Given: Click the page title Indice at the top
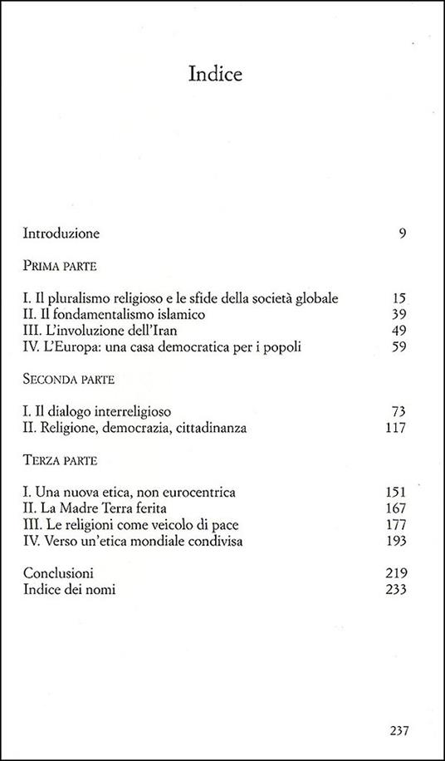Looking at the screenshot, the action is click(x=215, y=75).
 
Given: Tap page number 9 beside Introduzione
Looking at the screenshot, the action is click(x=402, y=233).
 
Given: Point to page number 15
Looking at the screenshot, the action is click(x=398, y=298).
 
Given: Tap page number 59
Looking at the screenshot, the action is click(x=398, y=347).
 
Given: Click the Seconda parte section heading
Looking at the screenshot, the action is click(x=68, y=380).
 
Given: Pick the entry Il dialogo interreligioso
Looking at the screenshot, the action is click(x=103, y=412).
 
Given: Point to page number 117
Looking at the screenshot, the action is click(x=394, y=429).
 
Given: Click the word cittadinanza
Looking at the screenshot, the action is click(x=222, y=429).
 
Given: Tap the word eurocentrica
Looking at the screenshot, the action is click(x=199, y=493).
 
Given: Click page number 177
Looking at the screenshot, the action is click(x=394, y=525).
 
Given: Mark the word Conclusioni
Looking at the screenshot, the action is click(x=58, y=574).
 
